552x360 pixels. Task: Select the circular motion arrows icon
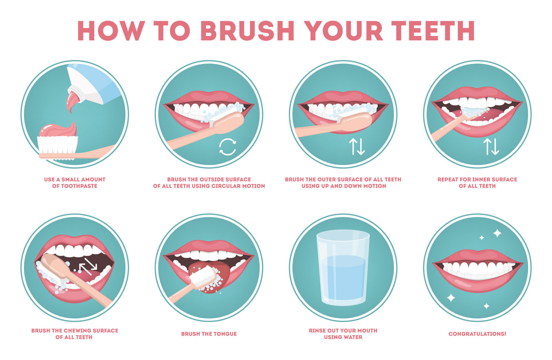[x=227, y=147]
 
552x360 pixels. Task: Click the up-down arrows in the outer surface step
[x=356, y=147]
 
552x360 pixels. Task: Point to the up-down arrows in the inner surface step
[x=490, y=147]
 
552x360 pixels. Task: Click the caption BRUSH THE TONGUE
[x=209, y=334]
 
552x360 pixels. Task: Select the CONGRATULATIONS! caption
[x=477, y=334]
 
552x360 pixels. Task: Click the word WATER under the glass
[x=354, y=337]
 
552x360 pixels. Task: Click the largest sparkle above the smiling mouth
[x=497, y=233]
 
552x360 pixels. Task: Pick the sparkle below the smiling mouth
[x=451, y=298]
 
